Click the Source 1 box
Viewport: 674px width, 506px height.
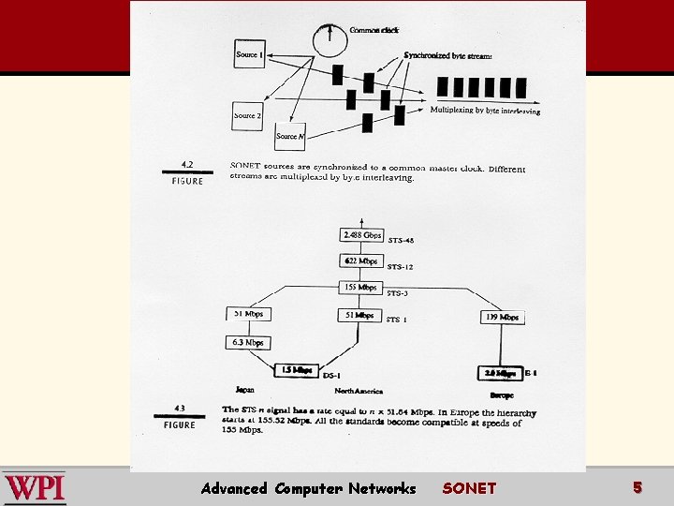coord(249,54)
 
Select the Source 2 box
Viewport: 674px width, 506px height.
coord(248,115)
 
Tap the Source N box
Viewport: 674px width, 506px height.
coord(289,137)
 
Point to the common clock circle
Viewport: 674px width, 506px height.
coord(330,38)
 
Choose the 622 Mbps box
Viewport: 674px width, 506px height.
coord(360,260)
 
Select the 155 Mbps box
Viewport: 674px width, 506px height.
coord(360,287)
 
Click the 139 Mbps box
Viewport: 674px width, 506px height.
coord(502,317)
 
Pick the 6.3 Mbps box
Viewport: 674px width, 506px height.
coord(248,343)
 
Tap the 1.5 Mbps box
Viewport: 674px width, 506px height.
coord(296,370)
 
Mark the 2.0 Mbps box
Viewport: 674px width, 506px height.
coord(500,372)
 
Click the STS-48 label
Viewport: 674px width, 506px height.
coord(401,241)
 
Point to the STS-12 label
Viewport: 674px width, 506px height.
coord(400,267)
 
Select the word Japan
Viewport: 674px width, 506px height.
coord(244,390)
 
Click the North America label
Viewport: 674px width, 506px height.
coord(359,391)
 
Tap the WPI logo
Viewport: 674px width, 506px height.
coord(35,487)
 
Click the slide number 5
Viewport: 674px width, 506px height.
coord(637,487)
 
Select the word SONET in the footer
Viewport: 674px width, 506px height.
coord(469,488)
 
